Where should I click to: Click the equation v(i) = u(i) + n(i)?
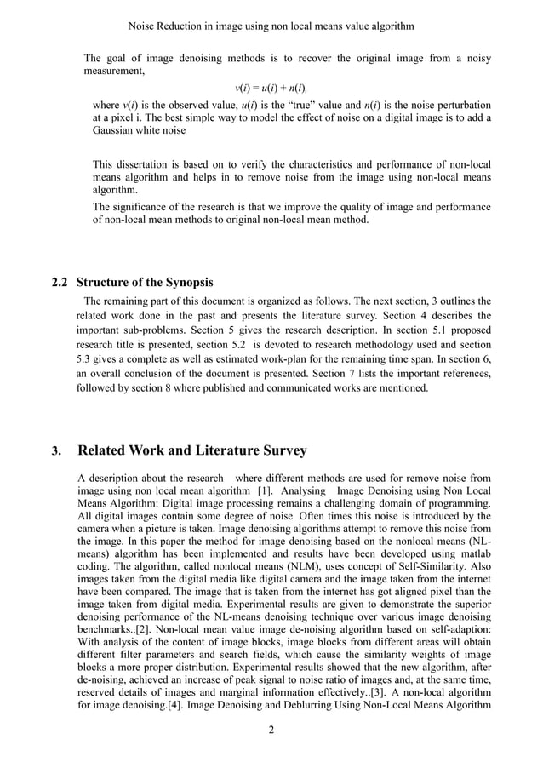click(271, 88)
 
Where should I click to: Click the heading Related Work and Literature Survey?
click(191, 450)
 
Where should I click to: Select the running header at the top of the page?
click(271, 26)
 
